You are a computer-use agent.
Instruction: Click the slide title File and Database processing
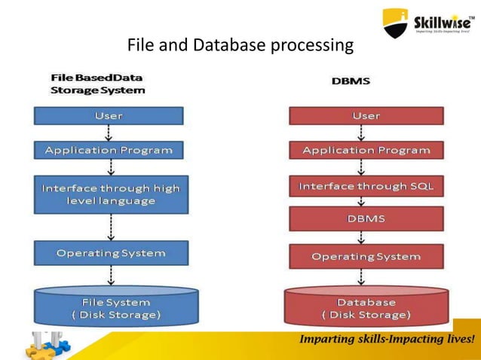tap(240, 45)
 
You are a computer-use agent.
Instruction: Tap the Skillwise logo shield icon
tap(396, 23)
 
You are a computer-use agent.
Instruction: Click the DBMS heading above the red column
tap(351, 81)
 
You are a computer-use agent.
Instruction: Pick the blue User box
tap(109, 116)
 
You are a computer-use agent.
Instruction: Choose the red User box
tap(366, 116)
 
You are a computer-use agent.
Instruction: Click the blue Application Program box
tap(109, 150)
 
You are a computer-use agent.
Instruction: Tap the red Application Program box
tap(366, 150)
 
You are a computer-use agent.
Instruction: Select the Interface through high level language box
tap(111, 194)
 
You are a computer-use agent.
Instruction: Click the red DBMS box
tap(366, 218)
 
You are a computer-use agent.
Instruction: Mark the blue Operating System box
tap(111, 253)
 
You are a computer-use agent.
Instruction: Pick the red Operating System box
tap(366, 256)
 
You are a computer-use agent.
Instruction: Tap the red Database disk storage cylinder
tap(366, 307)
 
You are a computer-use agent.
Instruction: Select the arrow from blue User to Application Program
tap(111, 133)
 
